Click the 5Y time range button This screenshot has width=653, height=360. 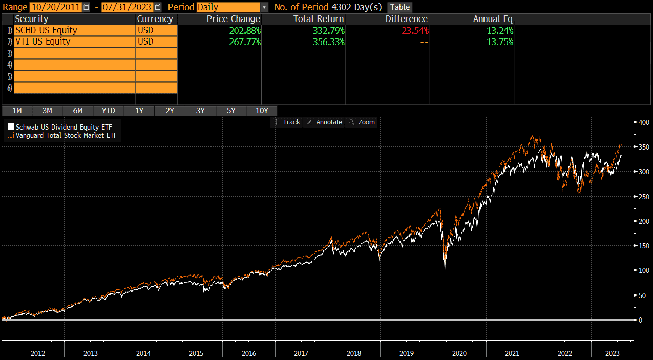pyautogui.click(x=231, y=111)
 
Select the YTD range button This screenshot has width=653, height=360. pyautogui.click(x=108, y=111)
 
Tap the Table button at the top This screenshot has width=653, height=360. pyautogui.click(x=400, y=7)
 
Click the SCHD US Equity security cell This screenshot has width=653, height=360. pyautogui.click(x=74, y=30)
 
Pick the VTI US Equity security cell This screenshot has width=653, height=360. pyautogui.click(x=74, y=41)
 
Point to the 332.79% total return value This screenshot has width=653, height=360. pyautogui.click(x=328, y=30)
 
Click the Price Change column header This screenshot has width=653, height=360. pyautogui.click(x=233, y=19)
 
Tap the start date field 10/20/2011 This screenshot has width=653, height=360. pyautogui.click(x=55, y=7)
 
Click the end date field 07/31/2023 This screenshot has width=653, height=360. pyautogui.click(x=127, y=7)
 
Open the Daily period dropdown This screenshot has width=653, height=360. pyautogui.click(x=232, y=7)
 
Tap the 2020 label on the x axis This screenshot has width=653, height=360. pyautogui.click(x=459, y=353)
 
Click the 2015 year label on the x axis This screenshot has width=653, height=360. pyautogui.click(x=196, y=353)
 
